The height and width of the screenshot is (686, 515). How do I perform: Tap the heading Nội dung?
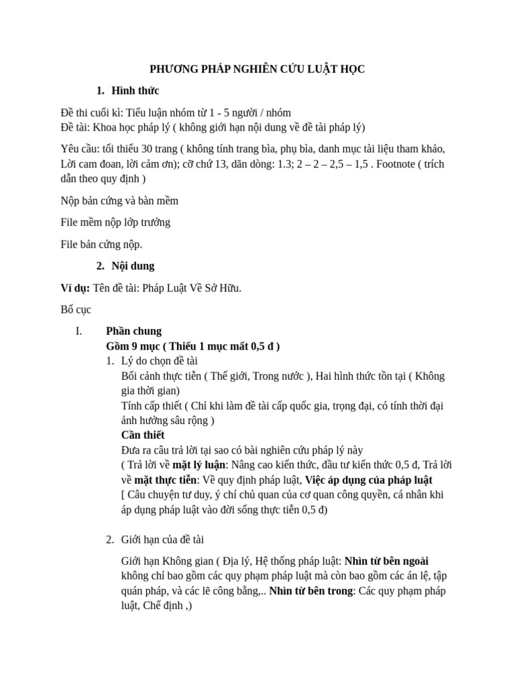pos(133,265)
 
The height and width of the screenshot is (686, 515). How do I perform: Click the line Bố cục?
pos(75,310)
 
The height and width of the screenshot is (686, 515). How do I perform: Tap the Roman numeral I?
pos(78,331)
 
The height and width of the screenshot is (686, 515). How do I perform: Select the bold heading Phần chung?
pos(134,331)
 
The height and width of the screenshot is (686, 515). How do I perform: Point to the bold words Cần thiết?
pos(143,435)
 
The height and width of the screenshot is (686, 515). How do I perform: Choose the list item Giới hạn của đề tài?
pos(168,539)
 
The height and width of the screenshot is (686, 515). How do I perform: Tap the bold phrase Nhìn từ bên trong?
pos(311,591)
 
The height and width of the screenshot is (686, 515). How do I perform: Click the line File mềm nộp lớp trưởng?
pos(115,222)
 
